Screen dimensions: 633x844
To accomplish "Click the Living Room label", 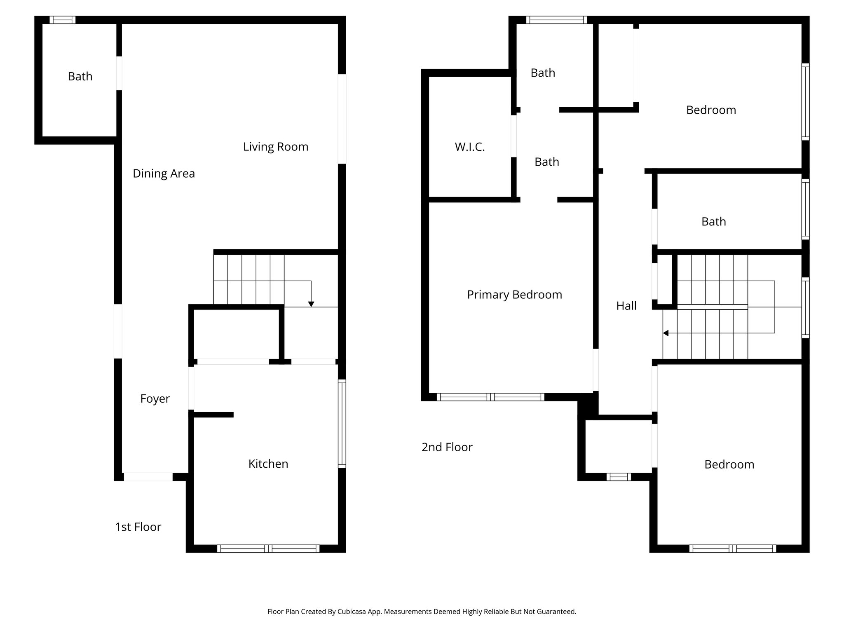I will [275, 147].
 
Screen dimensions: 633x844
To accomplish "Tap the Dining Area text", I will [164, 173].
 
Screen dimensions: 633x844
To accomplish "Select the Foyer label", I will [155, 399].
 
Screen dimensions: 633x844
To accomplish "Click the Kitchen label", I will [268, 464].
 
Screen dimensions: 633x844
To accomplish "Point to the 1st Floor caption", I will [138, 527].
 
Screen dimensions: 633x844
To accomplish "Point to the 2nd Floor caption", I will [447, 447].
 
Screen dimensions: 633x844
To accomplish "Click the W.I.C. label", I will [470, 147].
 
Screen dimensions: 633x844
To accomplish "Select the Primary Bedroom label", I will [514, 295].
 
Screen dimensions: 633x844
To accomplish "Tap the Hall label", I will [626, 306].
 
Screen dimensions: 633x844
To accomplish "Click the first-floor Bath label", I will [80, 77].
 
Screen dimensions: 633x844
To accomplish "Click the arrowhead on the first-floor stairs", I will [311, 304].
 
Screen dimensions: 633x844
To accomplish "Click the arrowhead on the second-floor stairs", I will [666, 333].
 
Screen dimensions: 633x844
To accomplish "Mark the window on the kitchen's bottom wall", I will [268, 549].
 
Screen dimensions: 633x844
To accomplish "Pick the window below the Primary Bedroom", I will [490, 397].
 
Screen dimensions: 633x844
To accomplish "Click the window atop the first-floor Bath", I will [62, 20].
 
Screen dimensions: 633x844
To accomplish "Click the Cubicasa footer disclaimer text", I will [422, 612].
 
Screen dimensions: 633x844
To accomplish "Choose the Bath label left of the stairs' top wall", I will [713, 222].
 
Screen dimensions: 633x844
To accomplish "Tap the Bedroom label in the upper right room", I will [711, 110].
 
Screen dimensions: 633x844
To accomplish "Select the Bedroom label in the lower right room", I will [729, 464].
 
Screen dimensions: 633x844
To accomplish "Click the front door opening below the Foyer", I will [148, 477].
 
